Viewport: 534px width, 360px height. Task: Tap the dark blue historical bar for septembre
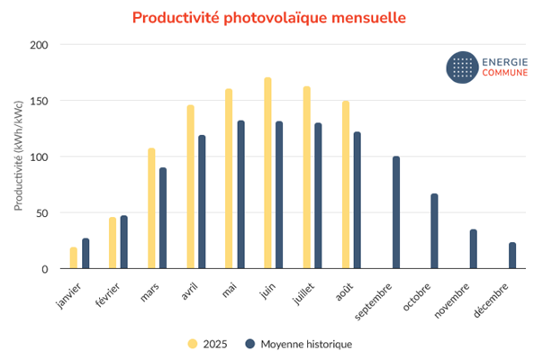395,212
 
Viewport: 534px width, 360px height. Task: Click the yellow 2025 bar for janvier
74,257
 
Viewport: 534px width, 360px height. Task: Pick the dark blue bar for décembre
511,256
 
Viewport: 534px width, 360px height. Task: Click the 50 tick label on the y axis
41,213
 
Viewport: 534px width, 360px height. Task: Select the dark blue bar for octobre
434,231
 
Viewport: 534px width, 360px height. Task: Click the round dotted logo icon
463,66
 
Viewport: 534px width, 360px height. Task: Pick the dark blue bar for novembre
473,249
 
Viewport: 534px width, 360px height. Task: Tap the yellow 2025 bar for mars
151,208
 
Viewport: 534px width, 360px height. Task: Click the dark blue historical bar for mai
240,194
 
